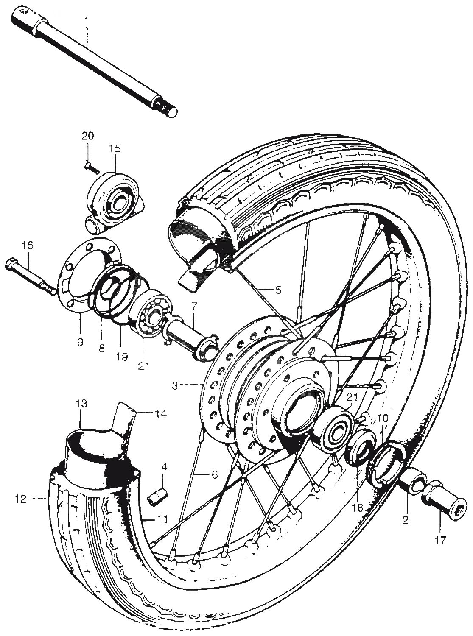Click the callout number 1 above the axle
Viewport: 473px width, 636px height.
(x=87, y=20)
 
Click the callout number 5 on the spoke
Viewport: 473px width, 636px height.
(x=278, y=290)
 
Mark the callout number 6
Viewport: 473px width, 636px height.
(x=215, y=474)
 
